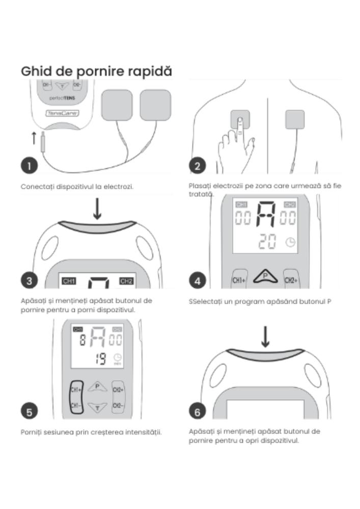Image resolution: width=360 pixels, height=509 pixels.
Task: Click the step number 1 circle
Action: coord(30,166)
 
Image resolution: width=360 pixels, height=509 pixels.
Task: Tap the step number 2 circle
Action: coord(198,166)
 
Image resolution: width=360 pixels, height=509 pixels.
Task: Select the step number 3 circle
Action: coord(30,280)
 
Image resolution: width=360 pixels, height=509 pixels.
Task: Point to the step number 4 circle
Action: coord(198,280)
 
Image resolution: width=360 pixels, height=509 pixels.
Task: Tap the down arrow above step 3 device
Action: coord(97,209)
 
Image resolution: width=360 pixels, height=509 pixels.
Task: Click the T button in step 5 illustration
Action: coord(97,406)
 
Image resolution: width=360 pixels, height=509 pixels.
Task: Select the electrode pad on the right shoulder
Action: coord(294,120)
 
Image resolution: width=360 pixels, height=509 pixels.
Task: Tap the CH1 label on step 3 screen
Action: coord(68,281)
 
